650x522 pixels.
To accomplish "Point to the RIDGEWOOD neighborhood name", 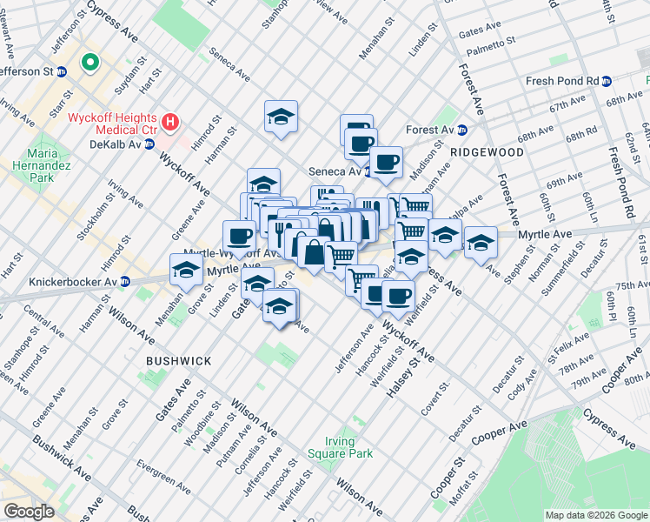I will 487,152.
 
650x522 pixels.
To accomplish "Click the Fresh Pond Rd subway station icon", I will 606,81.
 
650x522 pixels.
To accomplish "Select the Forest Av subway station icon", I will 462,130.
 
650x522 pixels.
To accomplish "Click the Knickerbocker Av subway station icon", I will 125,281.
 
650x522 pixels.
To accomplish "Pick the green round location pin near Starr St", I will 89,63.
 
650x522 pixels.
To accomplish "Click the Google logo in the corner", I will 29,512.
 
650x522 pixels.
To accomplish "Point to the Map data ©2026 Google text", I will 595,515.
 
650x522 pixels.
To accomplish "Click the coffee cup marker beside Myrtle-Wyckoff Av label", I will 239,235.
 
